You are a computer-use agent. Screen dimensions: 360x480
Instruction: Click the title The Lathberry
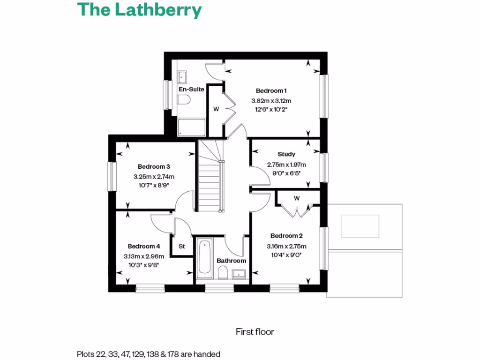pos(139,10)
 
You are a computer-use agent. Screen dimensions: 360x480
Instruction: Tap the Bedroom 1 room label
pos(271,90)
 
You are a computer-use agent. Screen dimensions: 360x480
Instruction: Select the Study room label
pos(286,154)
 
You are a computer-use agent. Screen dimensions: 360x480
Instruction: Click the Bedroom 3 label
pos(153,166)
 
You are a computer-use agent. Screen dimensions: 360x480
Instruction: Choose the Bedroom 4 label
pos(144,246)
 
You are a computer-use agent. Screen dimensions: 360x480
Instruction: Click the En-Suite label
pos(191,89)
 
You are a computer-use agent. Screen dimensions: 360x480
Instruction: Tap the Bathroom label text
pos(231,261)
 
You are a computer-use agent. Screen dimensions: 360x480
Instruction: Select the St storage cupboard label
pos(181,246)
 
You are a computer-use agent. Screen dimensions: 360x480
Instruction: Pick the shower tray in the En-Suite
pos(191,127)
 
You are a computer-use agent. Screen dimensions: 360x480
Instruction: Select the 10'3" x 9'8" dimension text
pos(144,265)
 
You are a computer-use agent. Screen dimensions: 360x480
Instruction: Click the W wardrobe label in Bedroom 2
pos(297,198)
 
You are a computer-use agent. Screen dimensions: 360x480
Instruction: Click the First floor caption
pos(255,332)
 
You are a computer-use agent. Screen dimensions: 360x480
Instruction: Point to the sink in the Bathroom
pos(239,273)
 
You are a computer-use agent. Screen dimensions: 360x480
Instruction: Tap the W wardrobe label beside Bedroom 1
pos(216,109)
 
